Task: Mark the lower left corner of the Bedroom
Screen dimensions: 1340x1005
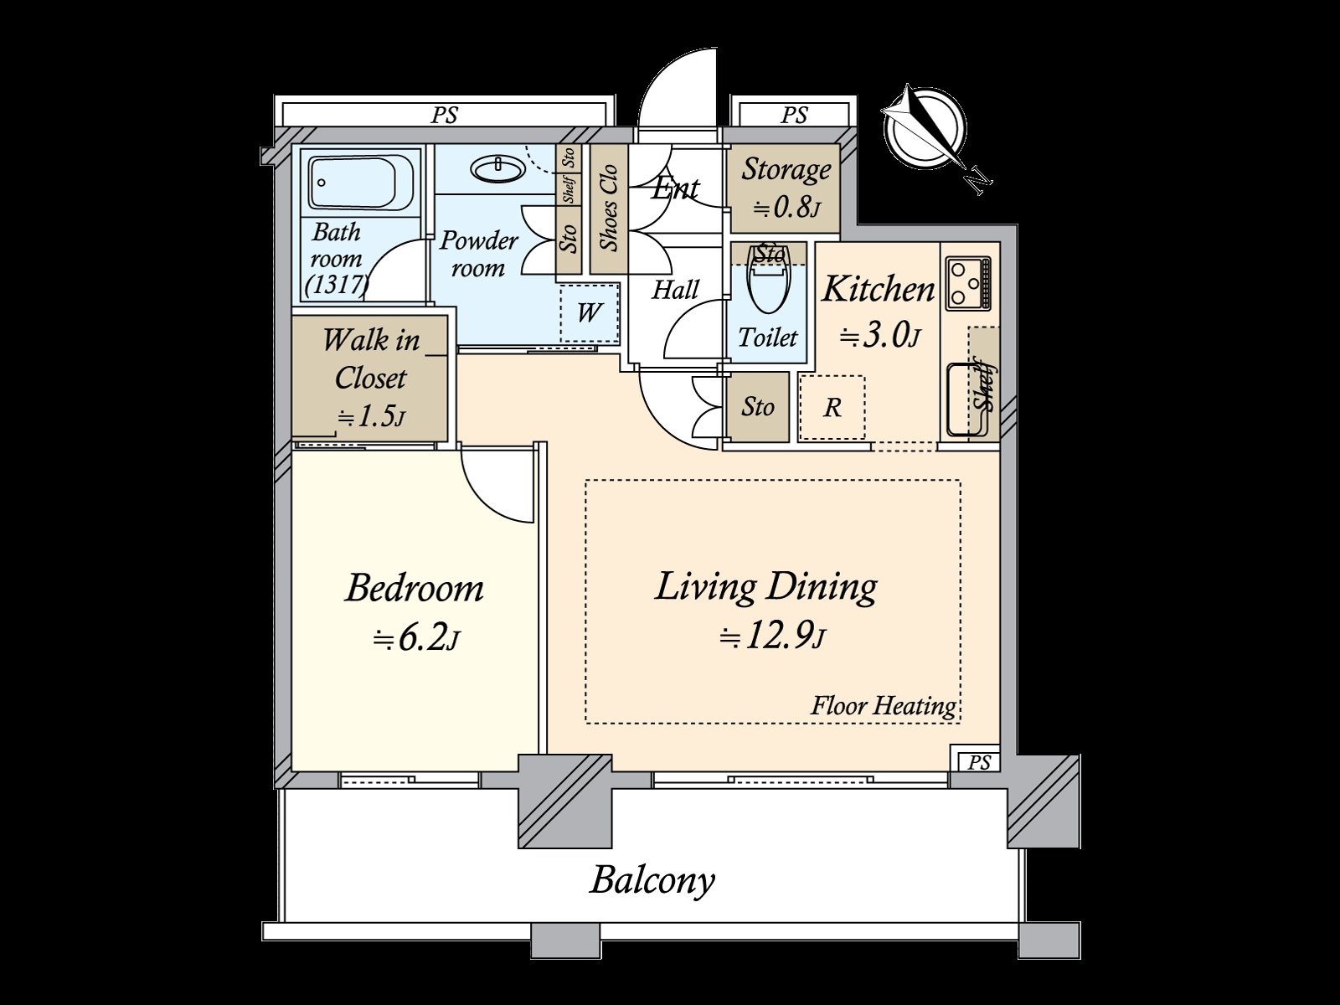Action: coord(292,770)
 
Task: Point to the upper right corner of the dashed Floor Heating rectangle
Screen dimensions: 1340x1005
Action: coord(961,481)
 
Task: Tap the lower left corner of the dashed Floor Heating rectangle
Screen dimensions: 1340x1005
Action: coord(586,723)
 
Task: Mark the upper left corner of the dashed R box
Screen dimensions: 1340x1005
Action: coord(800,377)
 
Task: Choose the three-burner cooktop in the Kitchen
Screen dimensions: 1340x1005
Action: coord(968,282)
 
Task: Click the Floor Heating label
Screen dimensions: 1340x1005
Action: coord(884,706)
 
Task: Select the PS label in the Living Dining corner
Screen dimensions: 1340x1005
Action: coord(979,762)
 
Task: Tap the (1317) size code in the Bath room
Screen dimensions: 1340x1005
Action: coord(337,285)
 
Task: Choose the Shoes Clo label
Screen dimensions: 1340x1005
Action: coord(609,208)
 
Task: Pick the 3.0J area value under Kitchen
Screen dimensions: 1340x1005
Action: coord(879,335)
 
